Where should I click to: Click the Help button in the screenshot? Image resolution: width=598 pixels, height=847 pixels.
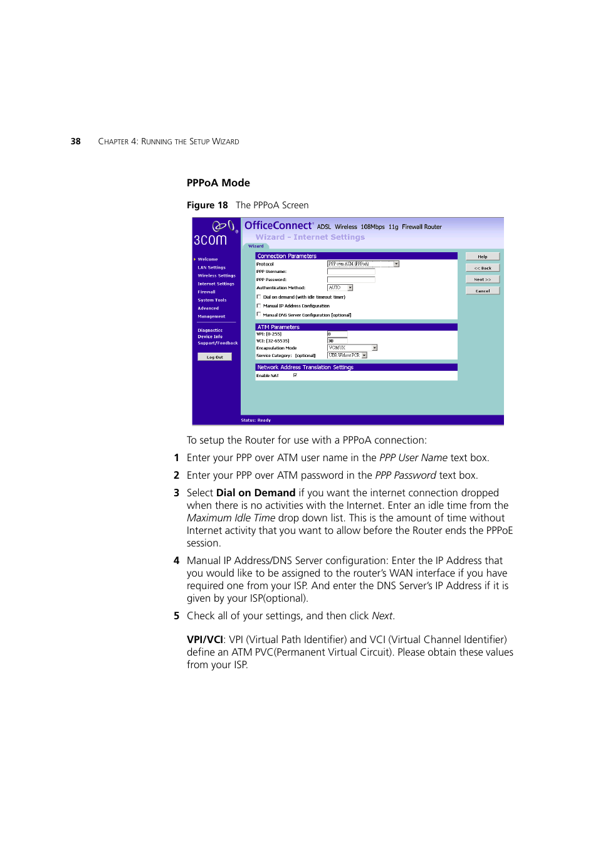(482, 257)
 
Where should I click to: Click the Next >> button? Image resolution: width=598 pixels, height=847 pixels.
(482, 279)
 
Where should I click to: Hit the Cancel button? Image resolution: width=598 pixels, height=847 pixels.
(482, 290)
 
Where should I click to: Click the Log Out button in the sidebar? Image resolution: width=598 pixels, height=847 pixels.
(214, 357)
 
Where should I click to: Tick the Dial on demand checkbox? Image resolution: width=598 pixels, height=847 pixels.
(259, 297)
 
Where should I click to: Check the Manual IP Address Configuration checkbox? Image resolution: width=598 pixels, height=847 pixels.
(259, 306)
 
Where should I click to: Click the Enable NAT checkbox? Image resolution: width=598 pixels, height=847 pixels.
(295, 375)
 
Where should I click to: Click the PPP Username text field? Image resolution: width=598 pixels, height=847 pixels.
(350, 272)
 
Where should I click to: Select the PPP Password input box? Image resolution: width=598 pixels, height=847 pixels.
(350, 280)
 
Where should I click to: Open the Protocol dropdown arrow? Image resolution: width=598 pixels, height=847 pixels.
(396, 264)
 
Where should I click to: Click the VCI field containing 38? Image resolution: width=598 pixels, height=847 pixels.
(337, 341)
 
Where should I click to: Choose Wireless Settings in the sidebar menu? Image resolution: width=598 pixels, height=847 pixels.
(216, 275)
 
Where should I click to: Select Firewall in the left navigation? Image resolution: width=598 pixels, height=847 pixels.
(206, 292)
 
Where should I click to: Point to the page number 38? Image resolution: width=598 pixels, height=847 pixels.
(75, 141)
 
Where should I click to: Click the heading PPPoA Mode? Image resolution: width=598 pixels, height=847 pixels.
(218, 183)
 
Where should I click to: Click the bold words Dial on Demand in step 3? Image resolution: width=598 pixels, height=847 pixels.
(256, 493)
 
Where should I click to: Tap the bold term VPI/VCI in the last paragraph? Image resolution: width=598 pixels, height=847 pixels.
(204, 639)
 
